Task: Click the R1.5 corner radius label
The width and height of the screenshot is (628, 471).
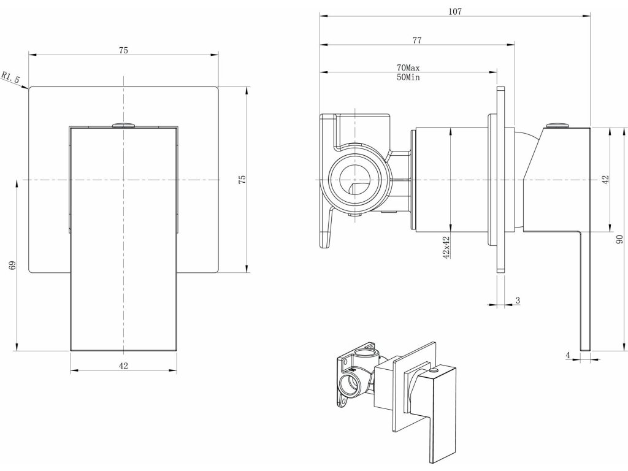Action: [x=11, y=77]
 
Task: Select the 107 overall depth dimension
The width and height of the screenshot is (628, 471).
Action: [x=454, y=11]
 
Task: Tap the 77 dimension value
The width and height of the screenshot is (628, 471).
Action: [x=417, y=40]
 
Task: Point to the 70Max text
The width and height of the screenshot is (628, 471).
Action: [x=408, y=67]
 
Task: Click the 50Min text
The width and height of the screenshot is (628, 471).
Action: [x=408, y=78]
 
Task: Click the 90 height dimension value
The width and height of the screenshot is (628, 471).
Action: [x=619, y=240]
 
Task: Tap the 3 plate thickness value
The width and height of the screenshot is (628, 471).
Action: [x=518, y=300]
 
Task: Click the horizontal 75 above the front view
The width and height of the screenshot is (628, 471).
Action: [x=123, y=51]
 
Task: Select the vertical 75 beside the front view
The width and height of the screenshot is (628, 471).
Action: [x=242, y=179]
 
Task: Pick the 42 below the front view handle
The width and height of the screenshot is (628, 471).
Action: [x=123, y=366]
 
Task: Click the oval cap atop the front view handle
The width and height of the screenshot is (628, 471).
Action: [x=124, y=124]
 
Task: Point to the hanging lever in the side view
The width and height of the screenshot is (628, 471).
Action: [x=584, y=288]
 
